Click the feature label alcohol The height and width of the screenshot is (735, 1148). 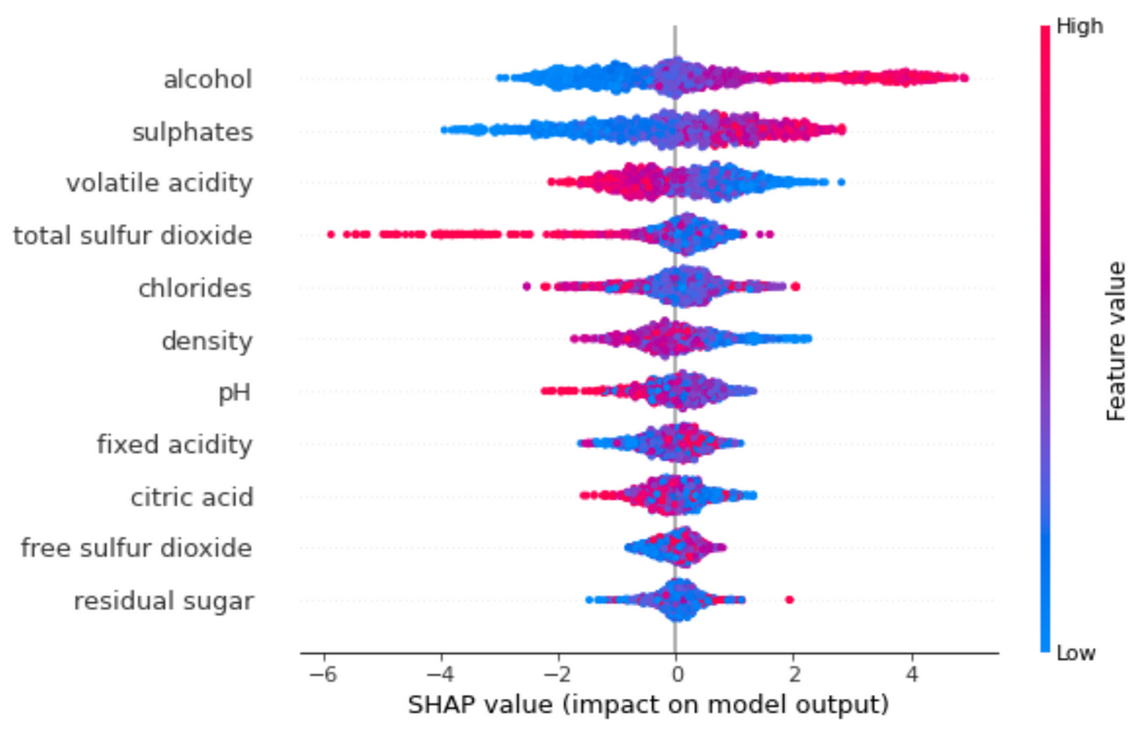pos(207,80)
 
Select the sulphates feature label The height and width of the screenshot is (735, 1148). pos(192,132)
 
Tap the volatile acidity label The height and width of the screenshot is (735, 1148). pos(159,183)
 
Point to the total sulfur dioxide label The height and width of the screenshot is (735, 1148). pos(132,235)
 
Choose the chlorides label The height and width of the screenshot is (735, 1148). pos(194,288)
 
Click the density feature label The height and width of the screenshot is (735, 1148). pos(207,340)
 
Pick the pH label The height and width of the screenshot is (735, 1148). pos(235,392)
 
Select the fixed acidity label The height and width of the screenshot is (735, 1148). pos(174,445)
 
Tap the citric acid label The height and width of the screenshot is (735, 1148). pos(192,497)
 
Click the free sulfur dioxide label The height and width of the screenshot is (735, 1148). pos(136,548)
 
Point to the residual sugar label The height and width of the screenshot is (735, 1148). pos(163,600)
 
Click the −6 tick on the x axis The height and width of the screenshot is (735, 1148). pos(324,675)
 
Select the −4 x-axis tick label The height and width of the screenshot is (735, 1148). pos(441,675)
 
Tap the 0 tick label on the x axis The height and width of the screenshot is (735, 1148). pos(676,675)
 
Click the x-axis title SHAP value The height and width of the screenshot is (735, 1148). pos(648,705)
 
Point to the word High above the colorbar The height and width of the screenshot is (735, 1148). pos(1079,26)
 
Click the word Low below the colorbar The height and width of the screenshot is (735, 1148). pos(1076,654)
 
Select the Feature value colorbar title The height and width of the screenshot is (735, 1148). pos(1117,341)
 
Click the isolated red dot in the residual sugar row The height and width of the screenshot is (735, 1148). pos(789,600)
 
